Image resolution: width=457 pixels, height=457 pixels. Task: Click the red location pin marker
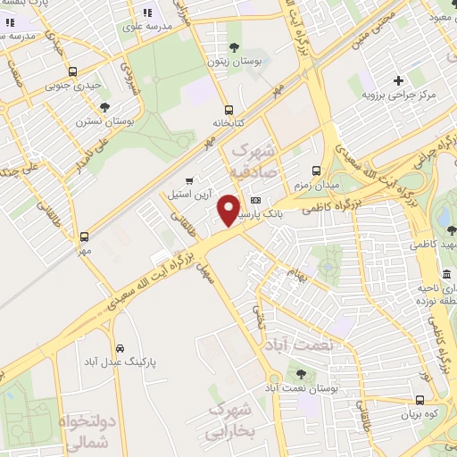229,210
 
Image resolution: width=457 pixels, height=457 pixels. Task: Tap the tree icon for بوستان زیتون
235,47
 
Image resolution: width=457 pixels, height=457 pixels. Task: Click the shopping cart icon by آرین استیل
189,180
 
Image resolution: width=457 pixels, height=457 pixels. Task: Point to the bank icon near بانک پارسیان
256,200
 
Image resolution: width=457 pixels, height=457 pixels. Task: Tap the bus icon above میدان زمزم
316,170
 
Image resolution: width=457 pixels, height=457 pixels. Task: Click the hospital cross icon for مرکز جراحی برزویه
399,80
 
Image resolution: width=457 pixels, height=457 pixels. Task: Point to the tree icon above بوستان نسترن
105,107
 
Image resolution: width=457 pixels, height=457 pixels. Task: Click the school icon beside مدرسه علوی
147,13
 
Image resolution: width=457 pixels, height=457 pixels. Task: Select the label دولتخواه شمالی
87,431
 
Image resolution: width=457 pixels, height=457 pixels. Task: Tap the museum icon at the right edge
446,273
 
